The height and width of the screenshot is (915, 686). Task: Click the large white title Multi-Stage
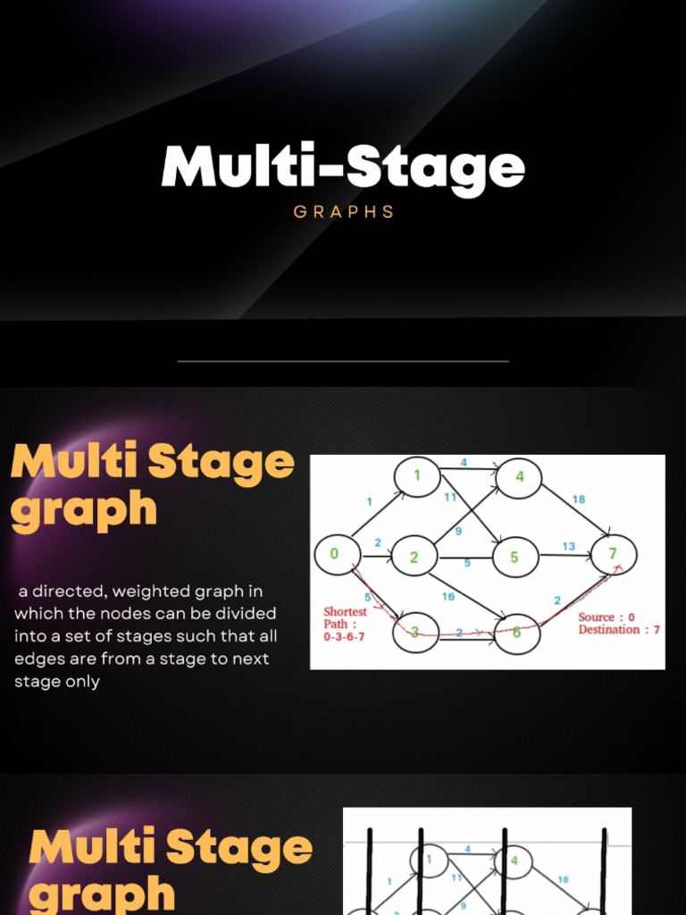pos(343,166)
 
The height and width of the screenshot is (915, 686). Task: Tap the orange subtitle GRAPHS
pos(344,212)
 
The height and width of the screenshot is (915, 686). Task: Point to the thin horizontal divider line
pos(343,361)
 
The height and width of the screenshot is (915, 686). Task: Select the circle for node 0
pos(336,554)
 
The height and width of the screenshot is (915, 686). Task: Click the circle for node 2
pos(414,557)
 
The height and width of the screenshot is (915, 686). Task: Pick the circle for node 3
pos(415,632)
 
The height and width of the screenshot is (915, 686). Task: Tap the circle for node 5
pos(514,557)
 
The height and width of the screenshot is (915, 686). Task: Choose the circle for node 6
pos(517,633)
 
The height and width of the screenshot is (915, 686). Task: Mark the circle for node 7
pos(613,554)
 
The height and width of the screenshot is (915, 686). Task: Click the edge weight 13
pos(568,546)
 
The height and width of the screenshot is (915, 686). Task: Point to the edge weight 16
pos(448,596)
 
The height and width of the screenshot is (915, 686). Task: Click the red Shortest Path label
pos(345,617)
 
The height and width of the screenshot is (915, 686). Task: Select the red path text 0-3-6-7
pos(344,637)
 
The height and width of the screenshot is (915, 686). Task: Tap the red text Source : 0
pos(607,617)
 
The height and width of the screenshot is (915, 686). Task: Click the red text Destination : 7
pos(619,630)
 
